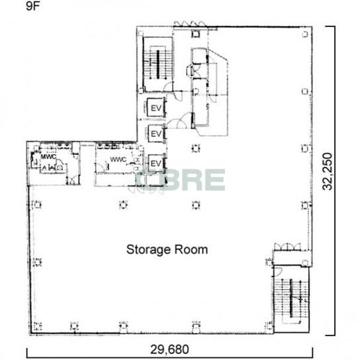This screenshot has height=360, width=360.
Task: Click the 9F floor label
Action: pos(33,6)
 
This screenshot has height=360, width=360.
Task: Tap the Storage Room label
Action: pos(167,249)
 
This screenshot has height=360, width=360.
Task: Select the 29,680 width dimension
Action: pos(169,349)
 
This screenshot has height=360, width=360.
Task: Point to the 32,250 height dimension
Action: pos(327,171)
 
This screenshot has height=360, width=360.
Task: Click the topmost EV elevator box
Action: pos(156,107)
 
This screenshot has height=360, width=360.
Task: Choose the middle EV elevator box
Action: pos(156,134)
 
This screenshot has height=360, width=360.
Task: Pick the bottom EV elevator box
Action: pos(156,163)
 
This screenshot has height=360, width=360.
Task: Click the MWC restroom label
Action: pos(48,157)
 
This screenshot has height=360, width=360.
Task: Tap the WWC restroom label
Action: pos(118,159)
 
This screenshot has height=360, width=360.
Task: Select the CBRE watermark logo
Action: pos(181,180)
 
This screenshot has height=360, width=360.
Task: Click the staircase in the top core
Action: pos(157,64)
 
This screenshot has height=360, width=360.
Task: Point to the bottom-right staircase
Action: pos(292,298)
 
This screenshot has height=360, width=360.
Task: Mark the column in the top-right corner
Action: pos(305,34)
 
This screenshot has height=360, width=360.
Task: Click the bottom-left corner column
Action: pos(37,326)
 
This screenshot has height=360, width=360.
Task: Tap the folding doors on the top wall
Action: pos(189,24)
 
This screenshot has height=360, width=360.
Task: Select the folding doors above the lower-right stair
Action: pos(287,247)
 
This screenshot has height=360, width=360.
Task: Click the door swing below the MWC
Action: pos(72,180)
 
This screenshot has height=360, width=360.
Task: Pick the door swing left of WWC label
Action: pos(100,167)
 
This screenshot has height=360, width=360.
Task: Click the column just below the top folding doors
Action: pos(196,34)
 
